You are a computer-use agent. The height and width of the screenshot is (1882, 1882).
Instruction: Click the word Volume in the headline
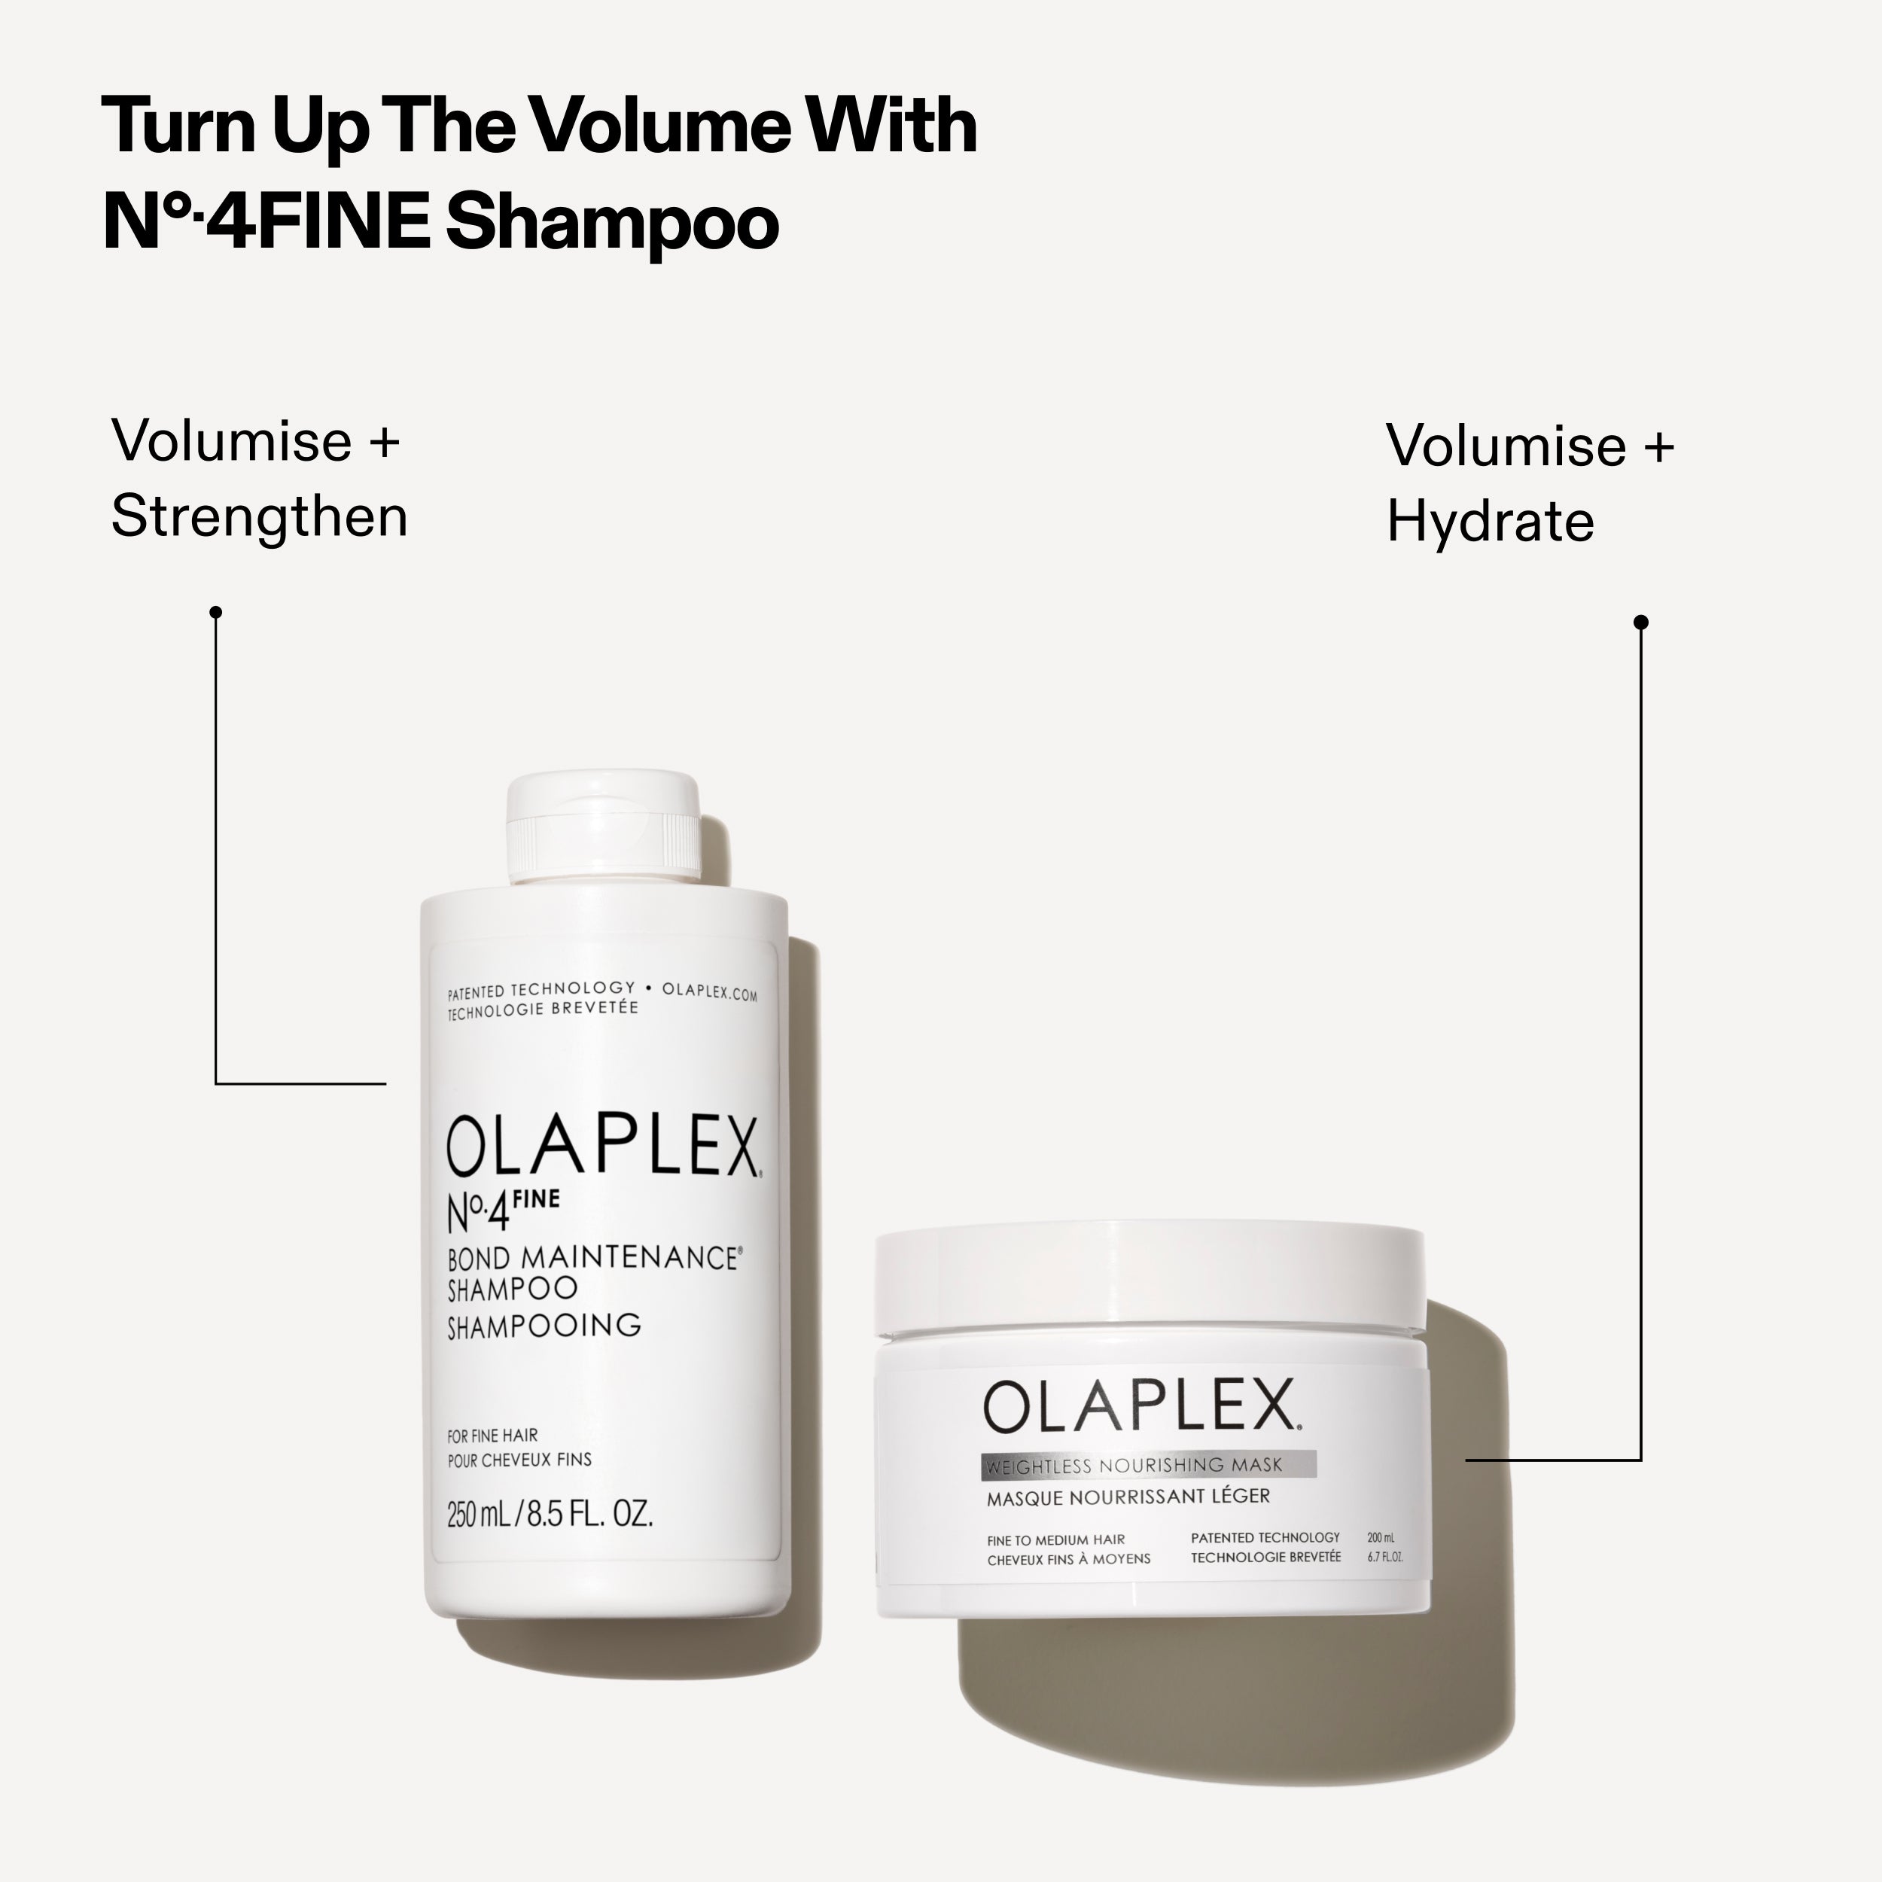coord(656,126)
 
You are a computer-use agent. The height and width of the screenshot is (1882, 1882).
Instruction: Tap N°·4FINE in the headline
coord(266,222)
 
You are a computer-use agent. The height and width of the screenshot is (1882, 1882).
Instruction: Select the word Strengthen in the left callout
coord(259,516)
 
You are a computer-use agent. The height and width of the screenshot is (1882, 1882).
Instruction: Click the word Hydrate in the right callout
coord(1490,522)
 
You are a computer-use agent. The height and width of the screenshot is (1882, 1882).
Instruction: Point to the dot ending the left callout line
coord(216,612)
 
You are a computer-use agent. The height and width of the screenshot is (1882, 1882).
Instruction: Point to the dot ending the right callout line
coord(1640,622)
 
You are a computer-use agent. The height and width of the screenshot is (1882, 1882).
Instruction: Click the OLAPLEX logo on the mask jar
coord(1140,1405)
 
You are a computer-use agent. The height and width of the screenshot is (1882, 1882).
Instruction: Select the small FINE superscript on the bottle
coord(536,1199)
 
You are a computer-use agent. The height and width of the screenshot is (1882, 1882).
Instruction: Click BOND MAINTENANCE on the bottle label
coord(592,1258)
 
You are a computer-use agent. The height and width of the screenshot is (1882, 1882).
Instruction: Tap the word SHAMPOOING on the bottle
coord(544,1326)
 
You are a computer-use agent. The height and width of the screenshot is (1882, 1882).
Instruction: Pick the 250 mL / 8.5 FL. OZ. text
coord(550,1514)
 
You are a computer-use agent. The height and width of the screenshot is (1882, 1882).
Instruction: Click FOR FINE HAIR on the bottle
coord(492,1435)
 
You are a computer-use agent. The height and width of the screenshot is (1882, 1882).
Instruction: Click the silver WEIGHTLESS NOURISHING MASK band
coord(1147,1465)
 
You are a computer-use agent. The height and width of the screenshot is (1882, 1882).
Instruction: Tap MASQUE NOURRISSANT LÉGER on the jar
coord(1128,1497)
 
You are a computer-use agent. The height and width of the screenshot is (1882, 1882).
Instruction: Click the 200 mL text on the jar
coord(1381,1537)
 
